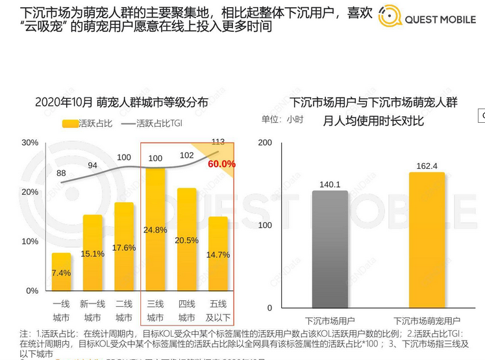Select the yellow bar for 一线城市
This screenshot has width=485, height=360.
click(x=61, y=271)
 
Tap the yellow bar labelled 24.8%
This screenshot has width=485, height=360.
click(x=155, y=229)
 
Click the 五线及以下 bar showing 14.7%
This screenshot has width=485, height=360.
click(x=218, y=253)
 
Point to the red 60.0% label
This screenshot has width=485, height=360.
click(x=221, y=164)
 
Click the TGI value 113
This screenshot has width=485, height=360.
click(x=218, y=142)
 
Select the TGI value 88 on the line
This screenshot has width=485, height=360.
click(x=61, y=174)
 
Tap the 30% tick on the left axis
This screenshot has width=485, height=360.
click(x=30, y=142)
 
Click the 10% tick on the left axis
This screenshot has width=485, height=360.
click(x=30, y=242)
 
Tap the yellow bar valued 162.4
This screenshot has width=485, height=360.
click(x=427, y=240)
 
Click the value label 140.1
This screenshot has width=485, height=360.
click(x=330, y=185)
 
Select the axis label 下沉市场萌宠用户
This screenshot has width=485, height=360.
click(x=427, y=321)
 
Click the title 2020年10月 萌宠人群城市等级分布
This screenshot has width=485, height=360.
click(x=121, y=102)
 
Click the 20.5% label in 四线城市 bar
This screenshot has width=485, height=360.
click(x=186, y=240)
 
